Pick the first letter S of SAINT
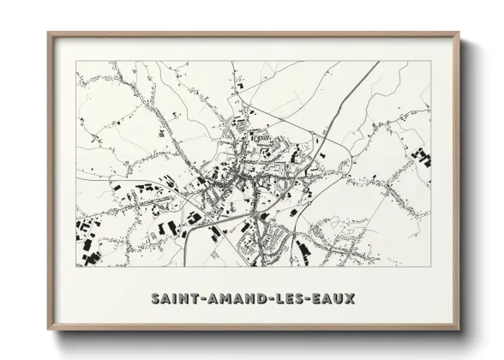pos(155,299)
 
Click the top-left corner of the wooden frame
pos(49,33)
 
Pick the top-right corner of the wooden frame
pos(459,33)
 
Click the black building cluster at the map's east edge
pos(421,157)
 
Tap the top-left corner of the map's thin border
pos(75,61)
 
